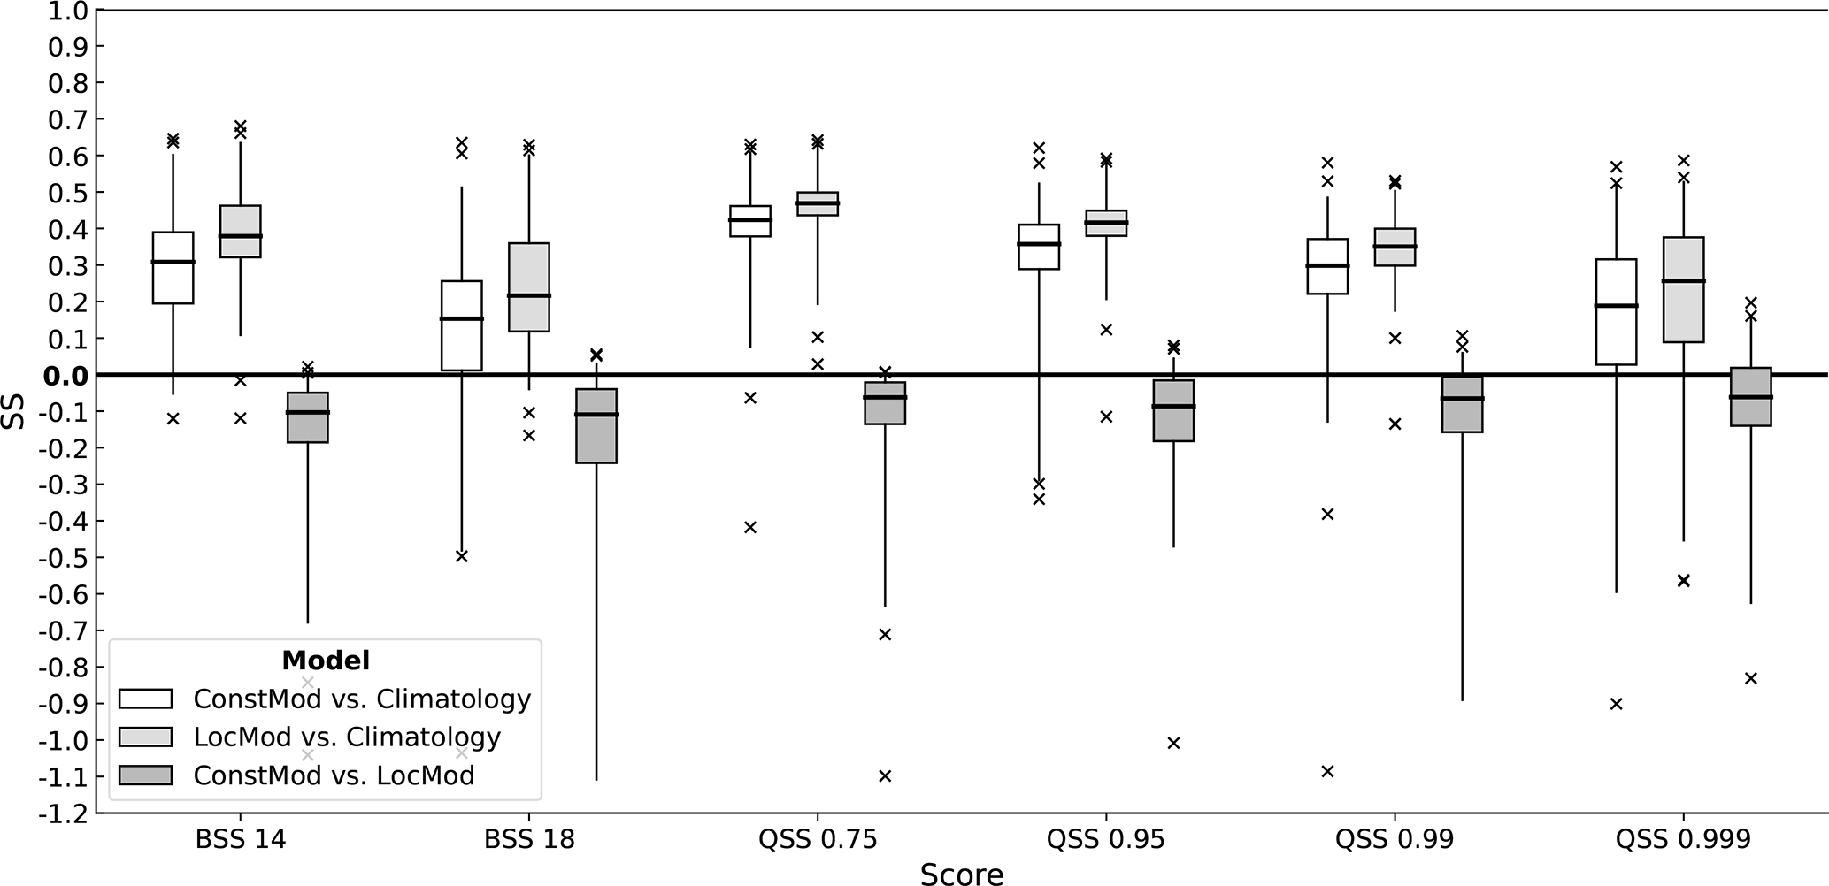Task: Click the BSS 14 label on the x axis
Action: click(x=241, y=839)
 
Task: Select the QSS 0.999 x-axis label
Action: click(x=1683, y=839)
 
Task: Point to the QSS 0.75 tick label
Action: click(x=818, y=839)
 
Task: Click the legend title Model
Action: click(x=325, y=661)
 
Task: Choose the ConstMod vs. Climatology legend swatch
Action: click(x=145, y=699)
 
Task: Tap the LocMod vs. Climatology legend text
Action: click(x=347, y=737)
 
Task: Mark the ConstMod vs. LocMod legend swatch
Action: click(x=145, y=775)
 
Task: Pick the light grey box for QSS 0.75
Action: click(x=818, y=204)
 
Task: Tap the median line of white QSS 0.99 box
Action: click(x=1327, y=265)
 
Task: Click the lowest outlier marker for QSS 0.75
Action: click(x=885, y=776)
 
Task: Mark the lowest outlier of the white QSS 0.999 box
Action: click(x=1616, y=704)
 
